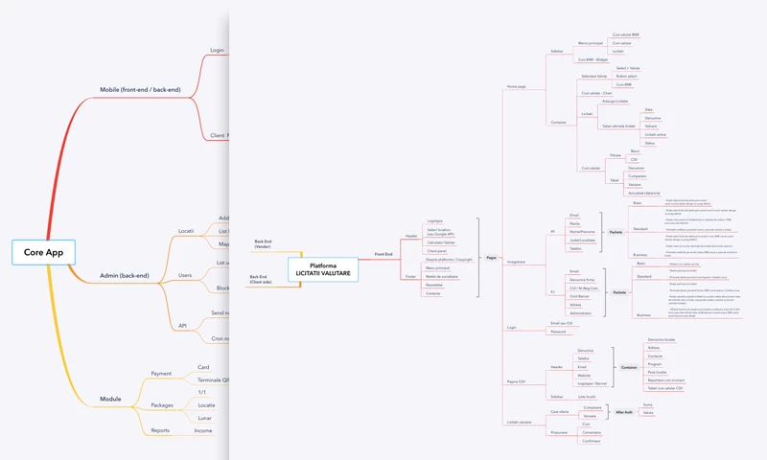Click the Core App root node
[x=43, y=252]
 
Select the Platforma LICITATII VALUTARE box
[x=323, y=270]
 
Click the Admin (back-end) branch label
[x=125, y=276]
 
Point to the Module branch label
[x=111, y=399]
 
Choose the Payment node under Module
[x=161, y=374]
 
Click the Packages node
[x=162, y=405]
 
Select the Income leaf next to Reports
[x=203, y=430]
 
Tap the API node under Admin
[x=182, y=325]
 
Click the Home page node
[x=516, y=87]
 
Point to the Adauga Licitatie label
[x=616, y=101]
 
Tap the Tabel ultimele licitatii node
[x=617, y=126]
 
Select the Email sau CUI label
[x=562, y=323]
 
